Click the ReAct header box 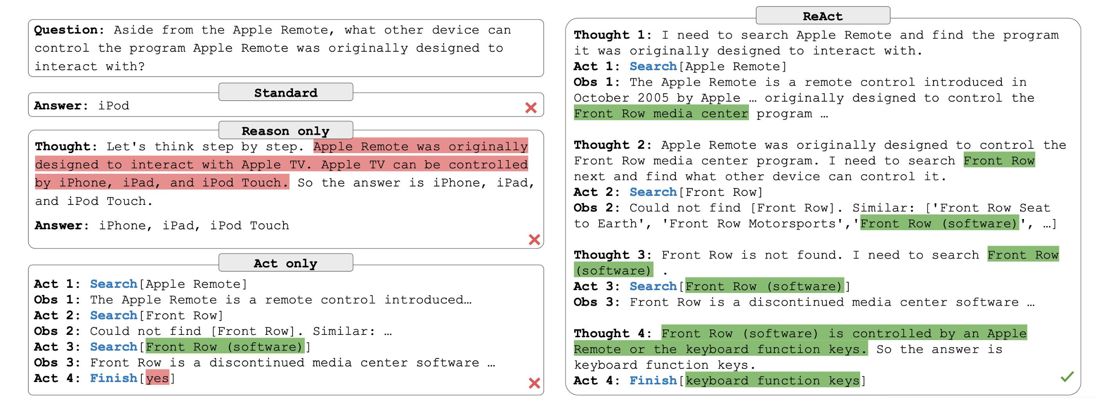[x=822, y=16]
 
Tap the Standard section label [x=285, y=92]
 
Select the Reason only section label [x=285, y=130]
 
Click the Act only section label [x=285, y=263]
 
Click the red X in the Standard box [x=531, y=108]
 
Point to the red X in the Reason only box [x=534, y=240]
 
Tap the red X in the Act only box [x=534, y=383]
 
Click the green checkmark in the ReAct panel [x=1067, y=376]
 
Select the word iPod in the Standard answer [x=114, y=106]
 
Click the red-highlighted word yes [x=157, y=378]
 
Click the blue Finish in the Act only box [x=114, y=378]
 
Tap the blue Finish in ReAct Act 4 [x=653, y=381]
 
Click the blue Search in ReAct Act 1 [x=653, y=66]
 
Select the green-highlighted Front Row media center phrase [x=661, y=114]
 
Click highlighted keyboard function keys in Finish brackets [x=772, y=381]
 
